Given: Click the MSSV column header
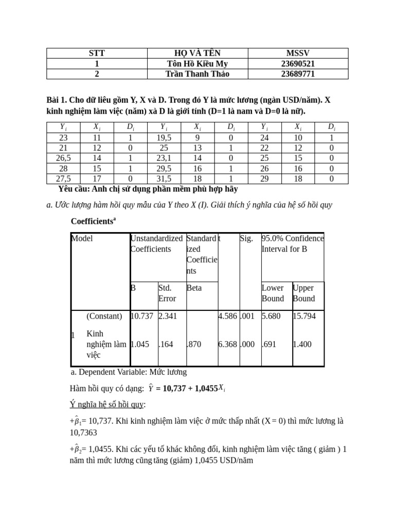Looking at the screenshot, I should (298, 53).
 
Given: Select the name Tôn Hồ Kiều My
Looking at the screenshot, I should (197, 63).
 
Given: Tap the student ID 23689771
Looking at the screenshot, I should (298, 74).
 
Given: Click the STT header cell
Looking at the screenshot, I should (97, 53).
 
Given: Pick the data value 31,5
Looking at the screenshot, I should (164, 179).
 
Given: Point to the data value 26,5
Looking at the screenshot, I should (63, 158).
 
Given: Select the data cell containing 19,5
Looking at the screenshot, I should (164, 137).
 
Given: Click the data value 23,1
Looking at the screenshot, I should (164, 158).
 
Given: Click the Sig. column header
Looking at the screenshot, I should (246, 239).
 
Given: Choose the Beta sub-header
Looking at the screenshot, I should (194, 288).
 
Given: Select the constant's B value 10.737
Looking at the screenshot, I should (142, 316).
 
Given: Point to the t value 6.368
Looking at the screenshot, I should (227, 344).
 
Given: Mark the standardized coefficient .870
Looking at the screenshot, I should (194, 344).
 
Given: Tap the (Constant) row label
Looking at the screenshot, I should (104, 316).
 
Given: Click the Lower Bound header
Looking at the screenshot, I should (273, 293).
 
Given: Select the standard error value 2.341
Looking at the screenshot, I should (168, 316).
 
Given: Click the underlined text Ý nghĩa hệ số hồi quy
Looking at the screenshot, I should (107, 404).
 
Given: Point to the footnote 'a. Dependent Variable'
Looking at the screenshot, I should (129, 372).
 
